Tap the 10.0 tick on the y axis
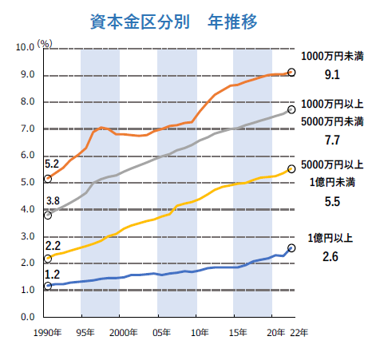[26, 48]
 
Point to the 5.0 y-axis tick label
[29, 183]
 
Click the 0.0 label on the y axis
[29, 317]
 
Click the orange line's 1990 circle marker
[48, 178]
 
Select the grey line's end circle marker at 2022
[291, 109]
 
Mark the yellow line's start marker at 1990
[48, 259]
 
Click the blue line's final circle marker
[291, 248]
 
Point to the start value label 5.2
[53, 164]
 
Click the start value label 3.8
[53, 200]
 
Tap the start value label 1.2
[53, 272]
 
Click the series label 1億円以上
[335, 239]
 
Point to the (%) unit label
[45, 42]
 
